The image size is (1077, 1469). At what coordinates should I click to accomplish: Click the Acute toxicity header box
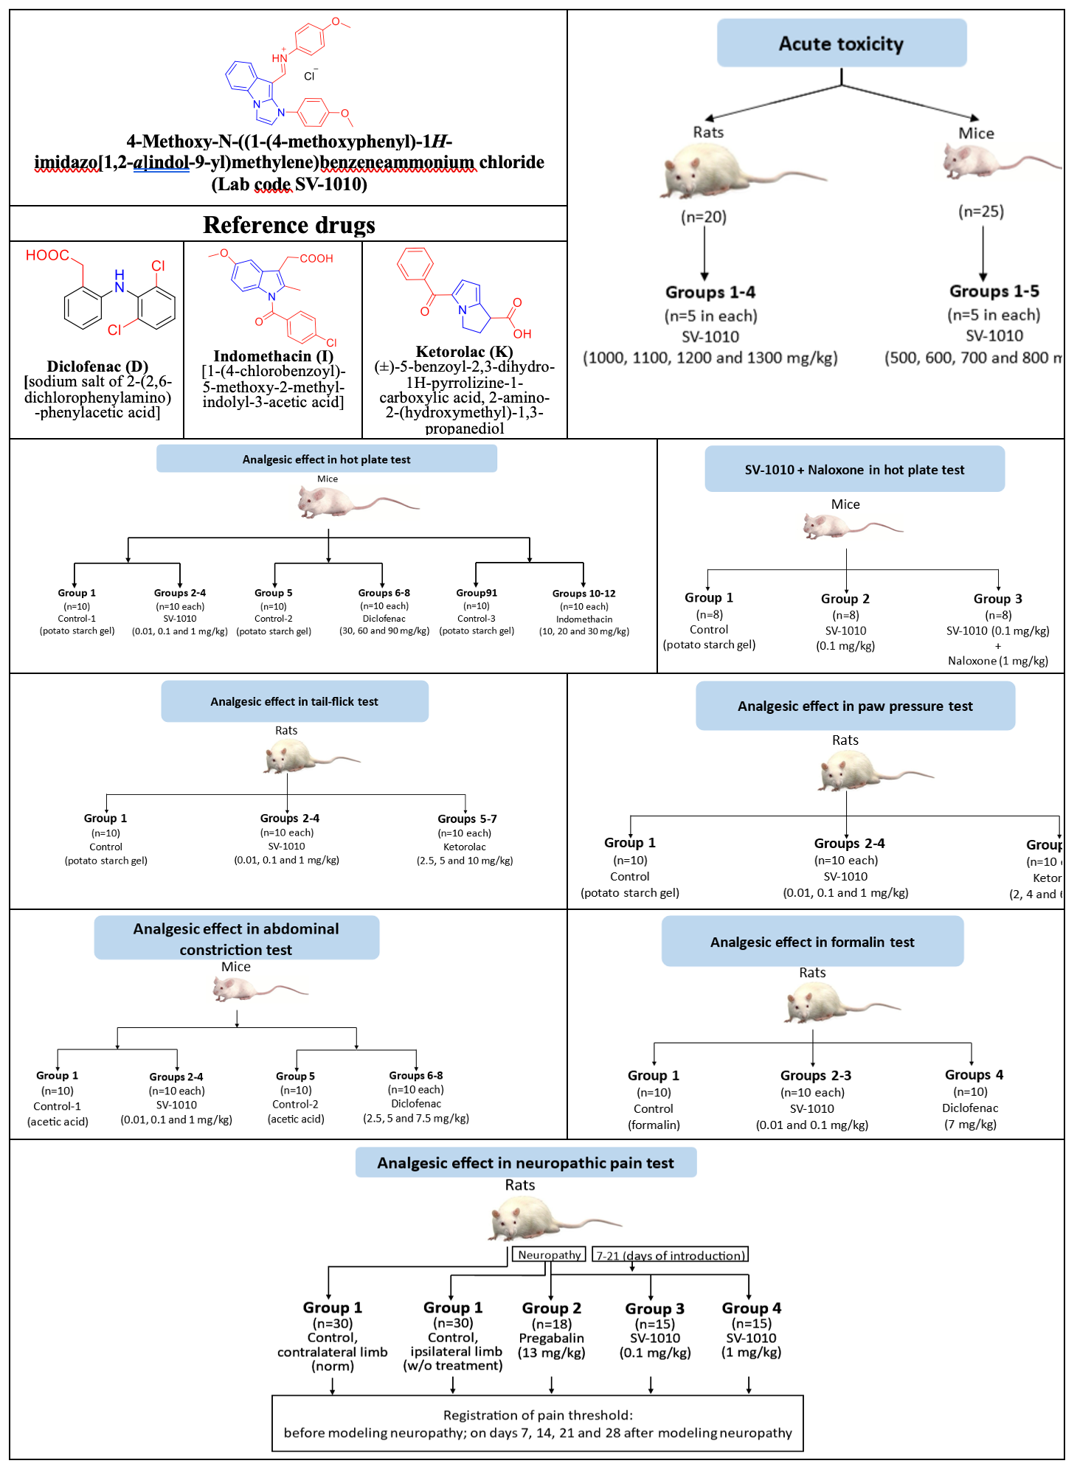click(841, 44)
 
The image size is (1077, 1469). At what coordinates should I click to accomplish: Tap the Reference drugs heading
click(288, 224)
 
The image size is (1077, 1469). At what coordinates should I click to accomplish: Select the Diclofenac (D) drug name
click(97, 367)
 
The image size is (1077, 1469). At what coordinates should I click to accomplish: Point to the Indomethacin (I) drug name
click(273, 356)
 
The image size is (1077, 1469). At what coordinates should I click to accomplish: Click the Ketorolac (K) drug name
click(464, 352)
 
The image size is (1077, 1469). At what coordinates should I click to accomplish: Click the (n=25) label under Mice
click(981, 212)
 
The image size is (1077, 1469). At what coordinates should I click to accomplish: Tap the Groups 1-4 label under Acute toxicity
click(710, 292)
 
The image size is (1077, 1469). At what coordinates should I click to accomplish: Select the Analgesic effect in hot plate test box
click(326, 459)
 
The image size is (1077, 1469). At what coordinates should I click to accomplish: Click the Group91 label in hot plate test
click(477, 593)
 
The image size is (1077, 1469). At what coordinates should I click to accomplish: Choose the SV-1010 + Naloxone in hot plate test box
click(854, 469)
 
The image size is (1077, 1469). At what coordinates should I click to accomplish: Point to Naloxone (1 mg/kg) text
click(997, 661)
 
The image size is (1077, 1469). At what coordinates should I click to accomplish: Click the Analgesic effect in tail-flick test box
click(294, 701)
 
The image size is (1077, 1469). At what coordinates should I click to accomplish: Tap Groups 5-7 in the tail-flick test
click(467, 819)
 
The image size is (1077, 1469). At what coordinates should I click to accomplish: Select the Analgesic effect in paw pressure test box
click(855, 706)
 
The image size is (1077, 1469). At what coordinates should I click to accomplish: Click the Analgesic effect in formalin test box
click(812, 942)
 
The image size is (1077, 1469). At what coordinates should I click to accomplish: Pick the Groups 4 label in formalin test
click(974, 1074)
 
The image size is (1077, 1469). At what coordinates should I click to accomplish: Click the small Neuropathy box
click(550, 1254)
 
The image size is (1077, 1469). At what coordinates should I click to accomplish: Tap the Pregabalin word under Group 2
click(551, 1338)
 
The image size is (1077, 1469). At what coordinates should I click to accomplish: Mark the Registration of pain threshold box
click(537, 1423)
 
